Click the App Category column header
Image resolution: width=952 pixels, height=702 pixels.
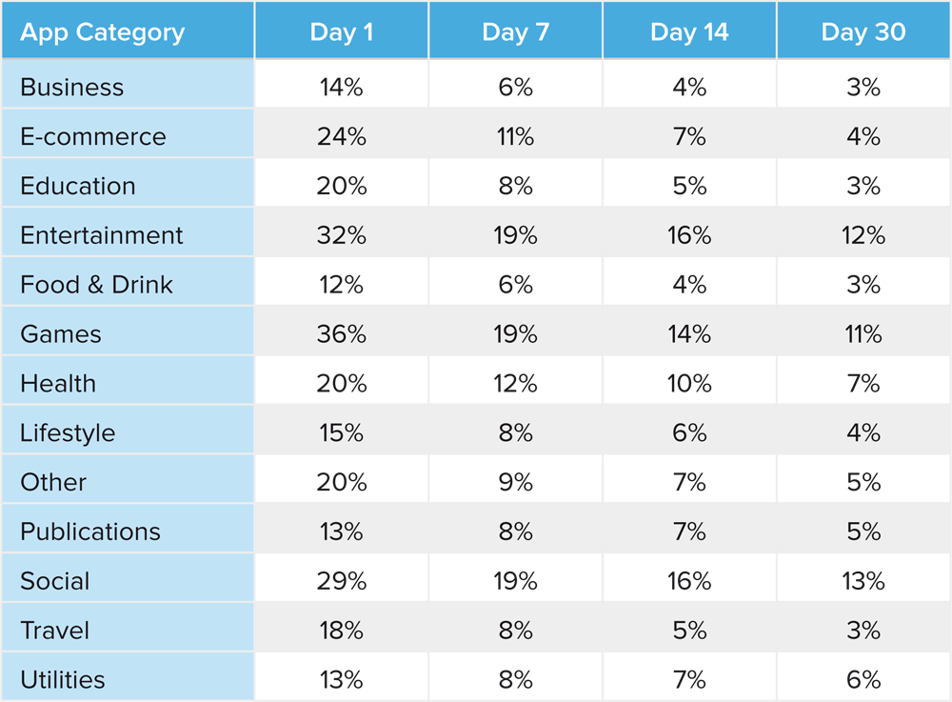click(x=102, y=31)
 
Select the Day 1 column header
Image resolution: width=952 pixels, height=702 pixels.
click(x=342, y=31)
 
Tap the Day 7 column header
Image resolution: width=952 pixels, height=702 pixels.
click(x=515, y=31)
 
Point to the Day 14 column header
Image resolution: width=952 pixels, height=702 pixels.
click(x=689, y=31)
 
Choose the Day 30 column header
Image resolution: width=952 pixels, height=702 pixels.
click(x=863, y=31)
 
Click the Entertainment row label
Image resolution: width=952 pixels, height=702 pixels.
click(x=102, y=235)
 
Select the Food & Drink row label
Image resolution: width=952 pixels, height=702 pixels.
click(x=96, y=285)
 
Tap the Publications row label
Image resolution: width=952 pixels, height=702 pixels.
click(x=90, y=532)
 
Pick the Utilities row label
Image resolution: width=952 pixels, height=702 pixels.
click(x=63, y=680)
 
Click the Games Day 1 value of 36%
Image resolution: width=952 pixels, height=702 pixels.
click(x=342, y=334)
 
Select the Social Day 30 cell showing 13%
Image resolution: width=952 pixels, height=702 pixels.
click(x=863, y=581)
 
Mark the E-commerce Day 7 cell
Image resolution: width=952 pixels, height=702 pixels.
click(x=515, y=136)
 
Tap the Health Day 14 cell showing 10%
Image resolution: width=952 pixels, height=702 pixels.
click(x=689, y=384)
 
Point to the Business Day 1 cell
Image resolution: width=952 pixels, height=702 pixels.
click(x=342, y=87)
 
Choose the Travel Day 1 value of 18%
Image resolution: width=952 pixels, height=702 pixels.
click(x=342, y=631)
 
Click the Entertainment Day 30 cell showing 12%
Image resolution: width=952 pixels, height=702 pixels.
click(x=863, y=235)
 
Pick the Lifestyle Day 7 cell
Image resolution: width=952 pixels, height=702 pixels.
click(x=515, y=433)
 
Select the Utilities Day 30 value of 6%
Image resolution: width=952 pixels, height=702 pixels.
click(x=863, y=680)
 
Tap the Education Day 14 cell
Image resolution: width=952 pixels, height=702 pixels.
click(x=689, y=186)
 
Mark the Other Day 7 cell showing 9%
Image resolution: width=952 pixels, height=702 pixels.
click(x=515, y=483)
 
